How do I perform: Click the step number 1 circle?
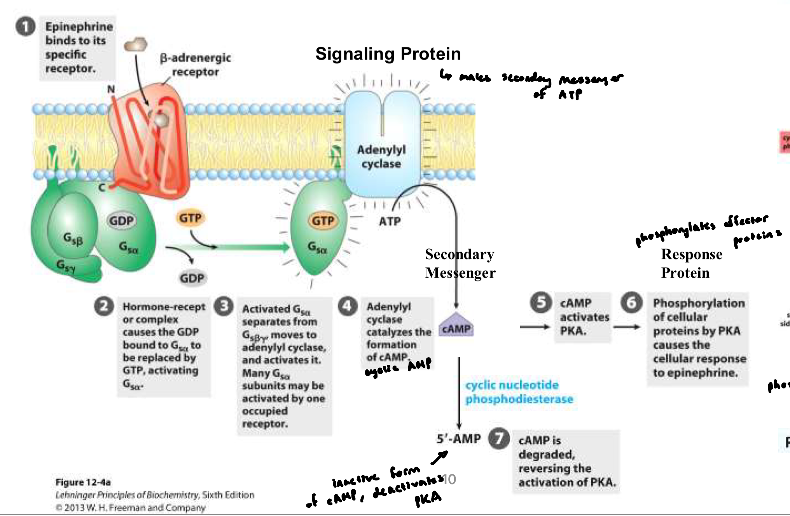point(25,26)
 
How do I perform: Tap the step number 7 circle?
point(499,439)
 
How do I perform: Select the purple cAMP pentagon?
point(456,326)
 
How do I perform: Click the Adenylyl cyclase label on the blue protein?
point(381,156)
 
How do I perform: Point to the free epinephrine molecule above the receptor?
point(136,45)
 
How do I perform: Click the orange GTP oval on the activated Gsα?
point(323,221)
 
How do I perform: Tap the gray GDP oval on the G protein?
point(121,221)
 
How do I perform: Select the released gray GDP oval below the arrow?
point(192,278)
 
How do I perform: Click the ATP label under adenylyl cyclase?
point(390,222)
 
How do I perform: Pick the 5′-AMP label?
point(458,439)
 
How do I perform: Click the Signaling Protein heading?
point(388,54)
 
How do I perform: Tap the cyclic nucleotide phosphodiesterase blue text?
point(519,392)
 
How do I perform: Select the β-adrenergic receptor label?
point(196,65)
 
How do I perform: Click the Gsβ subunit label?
point(73,238)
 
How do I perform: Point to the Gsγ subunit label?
point(66,266)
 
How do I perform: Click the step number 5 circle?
point(541,303)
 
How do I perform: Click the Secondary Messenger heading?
point(460,263)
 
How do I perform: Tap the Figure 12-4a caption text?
point(83,482)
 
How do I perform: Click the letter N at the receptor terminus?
point(111,89)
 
